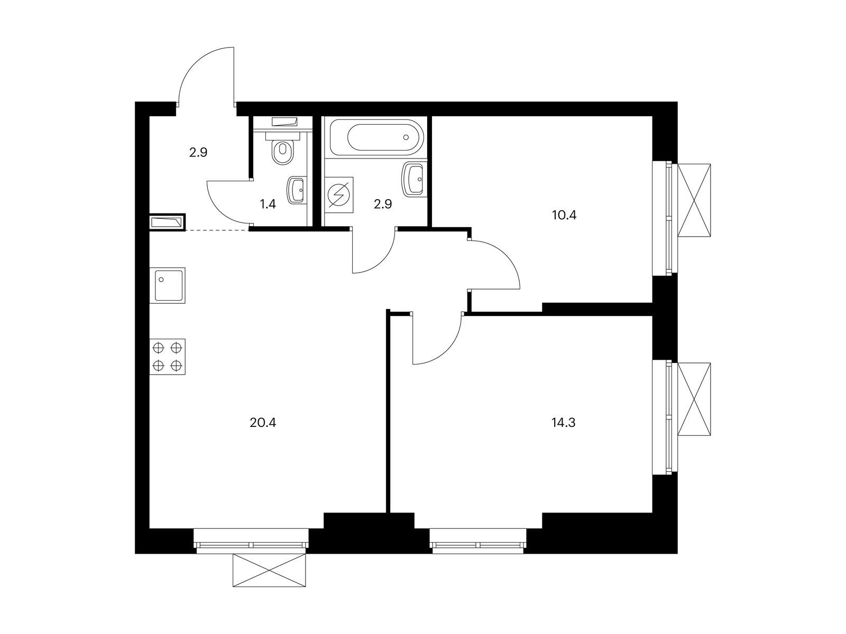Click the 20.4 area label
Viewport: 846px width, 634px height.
(x=263, y=423)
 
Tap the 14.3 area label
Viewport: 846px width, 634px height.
(x=563, y=423)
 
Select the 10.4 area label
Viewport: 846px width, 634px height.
(x=564, y=215)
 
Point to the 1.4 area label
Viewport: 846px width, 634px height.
(x=268, y=204)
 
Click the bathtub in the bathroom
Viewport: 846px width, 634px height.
(x=376, y=137)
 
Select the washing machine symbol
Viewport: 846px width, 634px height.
(x=339, y=195)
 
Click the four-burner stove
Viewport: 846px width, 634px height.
(x=167, y=357)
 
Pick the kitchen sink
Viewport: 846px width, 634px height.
(x=167, y=285)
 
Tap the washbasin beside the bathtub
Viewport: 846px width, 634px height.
(x=413, y=179)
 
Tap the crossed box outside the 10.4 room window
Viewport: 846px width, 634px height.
(x=694, y=200)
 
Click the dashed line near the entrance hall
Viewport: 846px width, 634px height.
(x=217, y=230)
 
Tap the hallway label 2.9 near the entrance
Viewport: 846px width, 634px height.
(x=198, y=153)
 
